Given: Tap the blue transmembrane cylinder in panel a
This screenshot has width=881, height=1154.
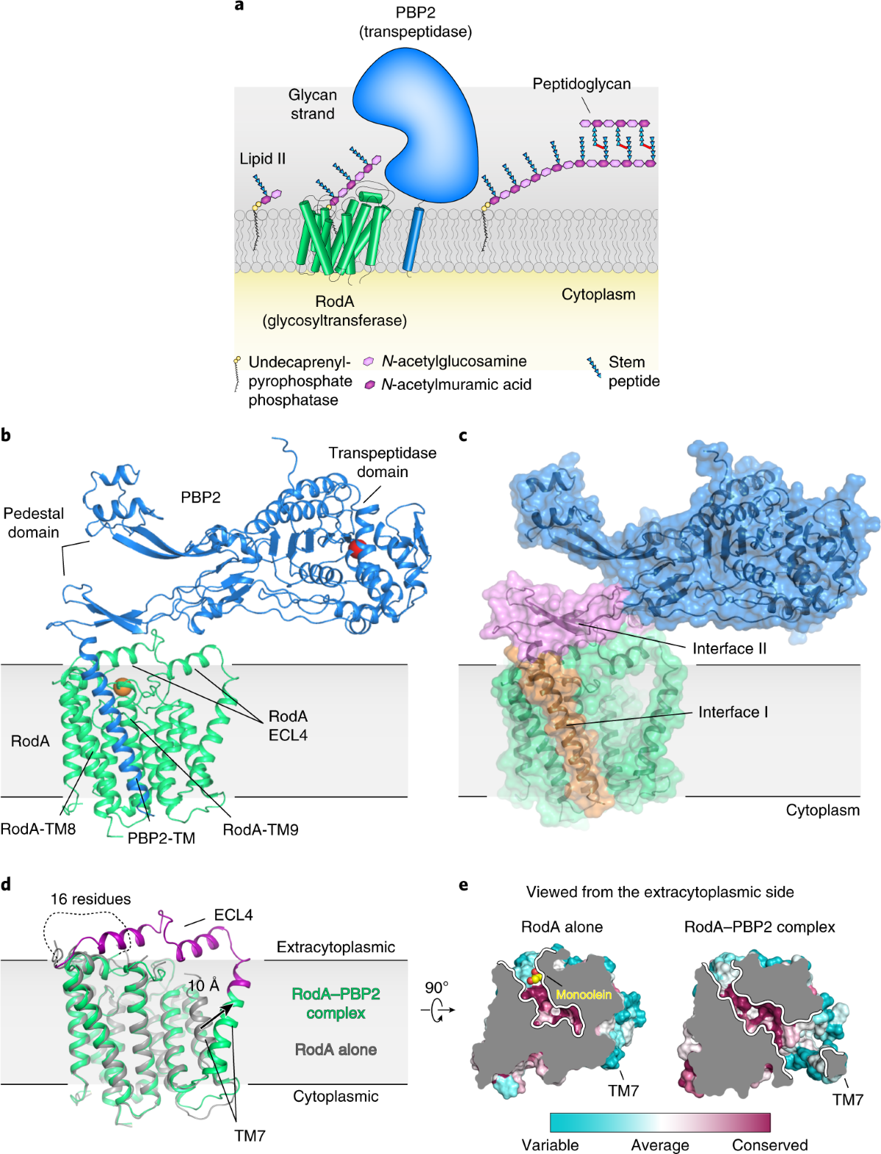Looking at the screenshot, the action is tap(413, 239).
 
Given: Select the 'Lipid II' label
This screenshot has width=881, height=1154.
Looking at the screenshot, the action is tap(262, 159).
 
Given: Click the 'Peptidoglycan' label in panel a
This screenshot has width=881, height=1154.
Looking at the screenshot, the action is tap(581, 84).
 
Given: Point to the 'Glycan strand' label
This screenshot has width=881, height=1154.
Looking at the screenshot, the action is tap(312, 104).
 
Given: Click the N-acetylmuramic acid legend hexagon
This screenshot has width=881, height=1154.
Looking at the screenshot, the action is tap(370, 385).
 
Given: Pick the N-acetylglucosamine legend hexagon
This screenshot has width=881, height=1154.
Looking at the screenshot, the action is tap(369, 362).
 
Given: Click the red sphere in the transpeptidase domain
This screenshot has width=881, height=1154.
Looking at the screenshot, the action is tap(355, 548).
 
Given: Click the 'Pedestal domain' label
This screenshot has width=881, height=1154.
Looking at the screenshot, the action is tap(34, 523).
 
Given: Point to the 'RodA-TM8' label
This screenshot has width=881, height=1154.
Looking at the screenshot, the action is tap(38, 829).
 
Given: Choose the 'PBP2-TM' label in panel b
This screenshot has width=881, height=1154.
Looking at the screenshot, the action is tap(162, 838).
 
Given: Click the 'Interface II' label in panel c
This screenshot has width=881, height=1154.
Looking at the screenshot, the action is tap(729, 649).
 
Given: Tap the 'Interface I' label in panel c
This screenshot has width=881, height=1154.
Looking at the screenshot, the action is tap(733, 712).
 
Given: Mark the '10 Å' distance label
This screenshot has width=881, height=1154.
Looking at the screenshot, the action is tap(203, 985).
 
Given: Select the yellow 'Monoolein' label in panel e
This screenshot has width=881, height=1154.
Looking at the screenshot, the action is tap(584, 995).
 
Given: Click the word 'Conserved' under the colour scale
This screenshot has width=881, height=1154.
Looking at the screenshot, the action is tap(769, 1145).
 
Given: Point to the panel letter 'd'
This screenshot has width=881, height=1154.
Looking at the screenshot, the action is tap(6, 884).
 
